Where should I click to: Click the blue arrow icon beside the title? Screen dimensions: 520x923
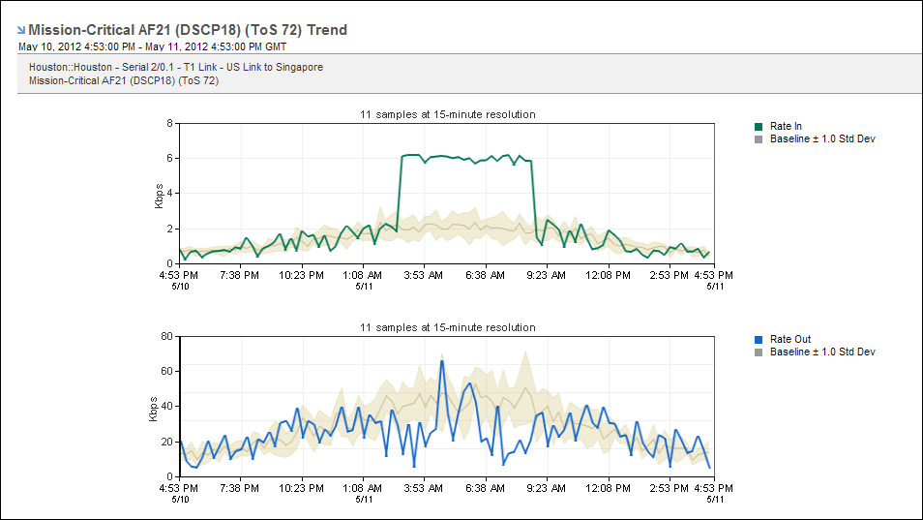[21, 30]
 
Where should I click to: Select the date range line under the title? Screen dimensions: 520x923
[152, 46]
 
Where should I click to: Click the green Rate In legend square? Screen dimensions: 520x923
[759, 126]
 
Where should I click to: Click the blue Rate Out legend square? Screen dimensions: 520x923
[759, 339]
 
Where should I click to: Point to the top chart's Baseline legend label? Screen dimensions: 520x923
[821, 138]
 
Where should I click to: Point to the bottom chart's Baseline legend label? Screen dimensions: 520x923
[821, 352]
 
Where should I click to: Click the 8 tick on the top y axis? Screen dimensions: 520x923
[169, 123]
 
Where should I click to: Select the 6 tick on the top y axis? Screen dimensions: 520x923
[169, 158]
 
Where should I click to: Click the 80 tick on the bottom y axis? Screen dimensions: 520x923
[166, 336]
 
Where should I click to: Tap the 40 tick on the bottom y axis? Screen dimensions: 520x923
[166, 406]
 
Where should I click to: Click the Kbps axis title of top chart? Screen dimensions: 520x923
[159, 194]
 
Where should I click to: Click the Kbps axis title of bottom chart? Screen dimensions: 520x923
[153, 407]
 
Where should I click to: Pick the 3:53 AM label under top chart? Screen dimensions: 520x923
[424, 275]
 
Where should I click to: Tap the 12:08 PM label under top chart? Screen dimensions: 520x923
[608, 275]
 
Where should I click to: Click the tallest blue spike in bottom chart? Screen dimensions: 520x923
[441, 362]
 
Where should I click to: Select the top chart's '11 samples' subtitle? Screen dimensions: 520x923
[447, 114]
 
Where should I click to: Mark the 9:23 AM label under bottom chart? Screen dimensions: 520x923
[546, 488]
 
